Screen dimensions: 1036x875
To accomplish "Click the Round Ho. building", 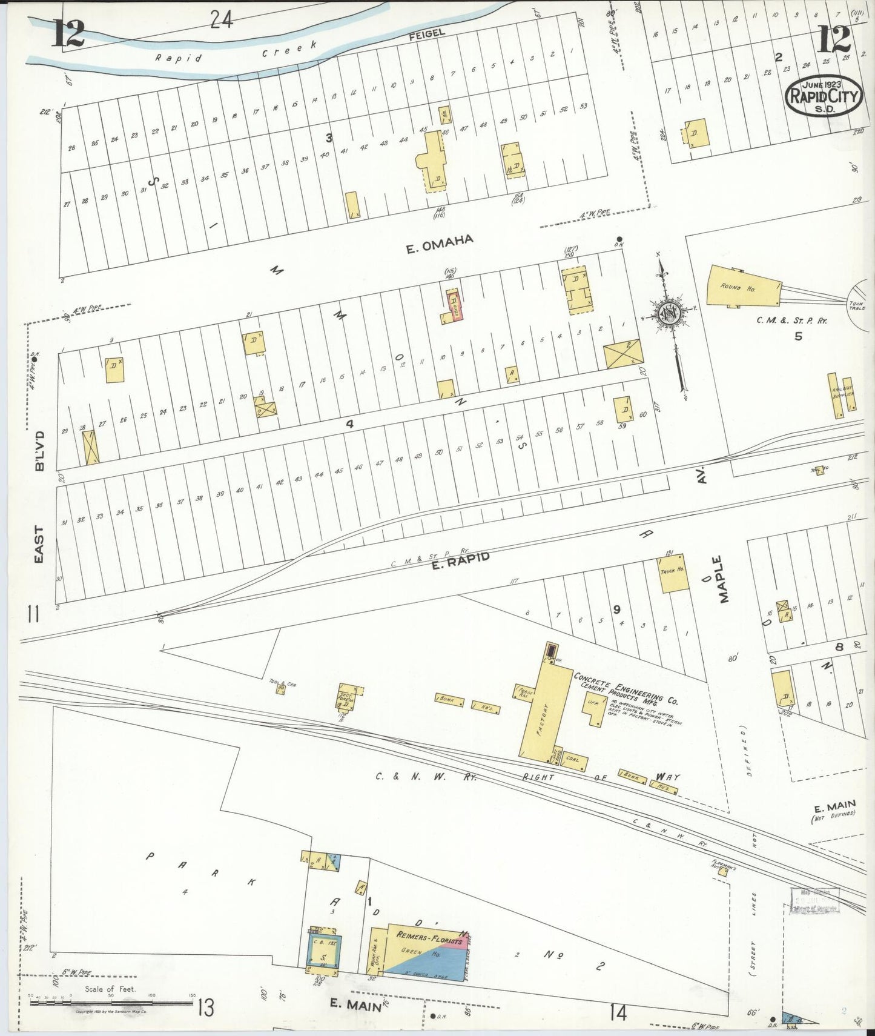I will coord(742,287).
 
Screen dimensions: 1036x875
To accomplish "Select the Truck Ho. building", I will coord(673,574).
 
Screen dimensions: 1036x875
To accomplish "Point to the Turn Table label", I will coord(857,305).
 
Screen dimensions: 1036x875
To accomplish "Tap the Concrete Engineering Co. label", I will coord(626,688).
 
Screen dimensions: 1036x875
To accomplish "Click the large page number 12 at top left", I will coord(68,34).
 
